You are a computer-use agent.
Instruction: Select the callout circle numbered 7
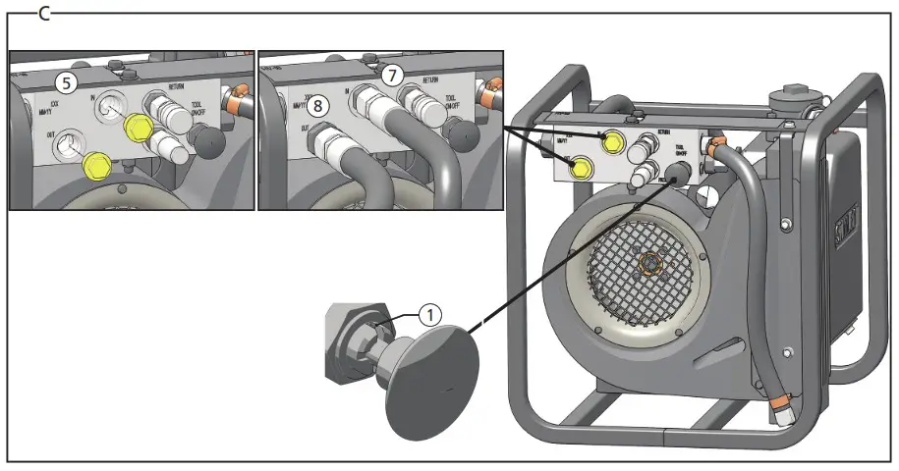tap(393, 75)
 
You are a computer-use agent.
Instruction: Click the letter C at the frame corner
tap(44, 13)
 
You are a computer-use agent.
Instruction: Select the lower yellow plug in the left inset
tap(96, 166)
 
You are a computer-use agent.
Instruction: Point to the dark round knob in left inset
tap(210, 142)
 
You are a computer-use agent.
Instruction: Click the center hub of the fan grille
tap(649, 263)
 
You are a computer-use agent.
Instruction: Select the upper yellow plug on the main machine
tap(612, 141)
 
